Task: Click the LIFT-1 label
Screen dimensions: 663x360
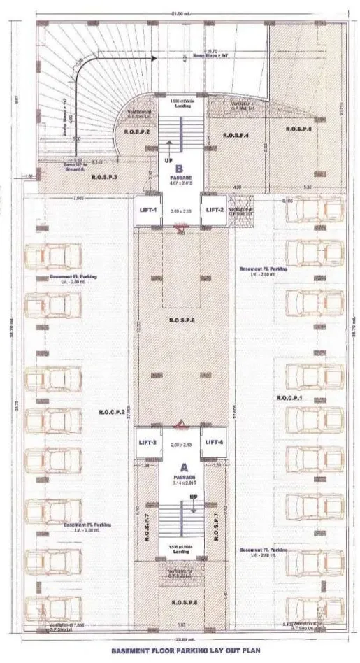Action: click(148, 210)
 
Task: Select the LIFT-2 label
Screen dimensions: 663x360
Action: click(214, 210)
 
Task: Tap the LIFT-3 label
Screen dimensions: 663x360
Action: click(148, 442)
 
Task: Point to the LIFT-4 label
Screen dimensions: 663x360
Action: click(213, 442)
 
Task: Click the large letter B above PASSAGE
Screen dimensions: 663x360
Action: click(179, 168)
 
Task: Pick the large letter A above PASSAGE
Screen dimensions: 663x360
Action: click(183, 466)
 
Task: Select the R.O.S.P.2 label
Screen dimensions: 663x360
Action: click(138, 131)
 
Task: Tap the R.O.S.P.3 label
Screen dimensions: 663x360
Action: click(105, 178)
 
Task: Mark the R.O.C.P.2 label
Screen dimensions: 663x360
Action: click(112, 413)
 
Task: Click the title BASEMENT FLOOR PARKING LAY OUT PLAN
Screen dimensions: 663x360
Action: click(180, 650)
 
